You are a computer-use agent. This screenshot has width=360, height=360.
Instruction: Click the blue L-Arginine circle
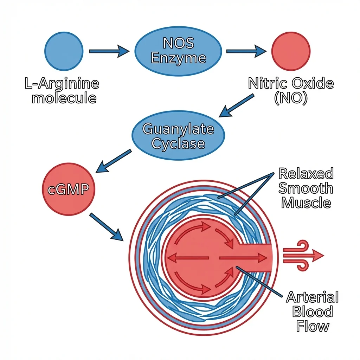click(64, 51)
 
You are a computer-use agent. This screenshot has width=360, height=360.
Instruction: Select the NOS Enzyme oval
click(178, 51)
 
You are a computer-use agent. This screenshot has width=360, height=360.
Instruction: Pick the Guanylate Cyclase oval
click(178, 136)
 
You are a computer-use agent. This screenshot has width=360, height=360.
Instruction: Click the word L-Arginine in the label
click(62, 84)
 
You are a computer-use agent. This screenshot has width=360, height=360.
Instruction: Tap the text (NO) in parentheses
click(290, 98)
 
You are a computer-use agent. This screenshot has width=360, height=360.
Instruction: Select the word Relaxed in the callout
click(306, 174)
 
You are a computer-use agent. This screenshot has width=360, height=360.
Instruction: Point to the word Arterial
click(312, 297)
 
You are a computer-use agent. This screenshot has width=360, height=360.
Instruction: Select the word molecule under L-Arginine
click(64, 98)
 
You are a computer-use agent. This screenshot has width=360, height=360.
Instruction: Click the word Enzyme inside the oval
click(178, 58)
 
